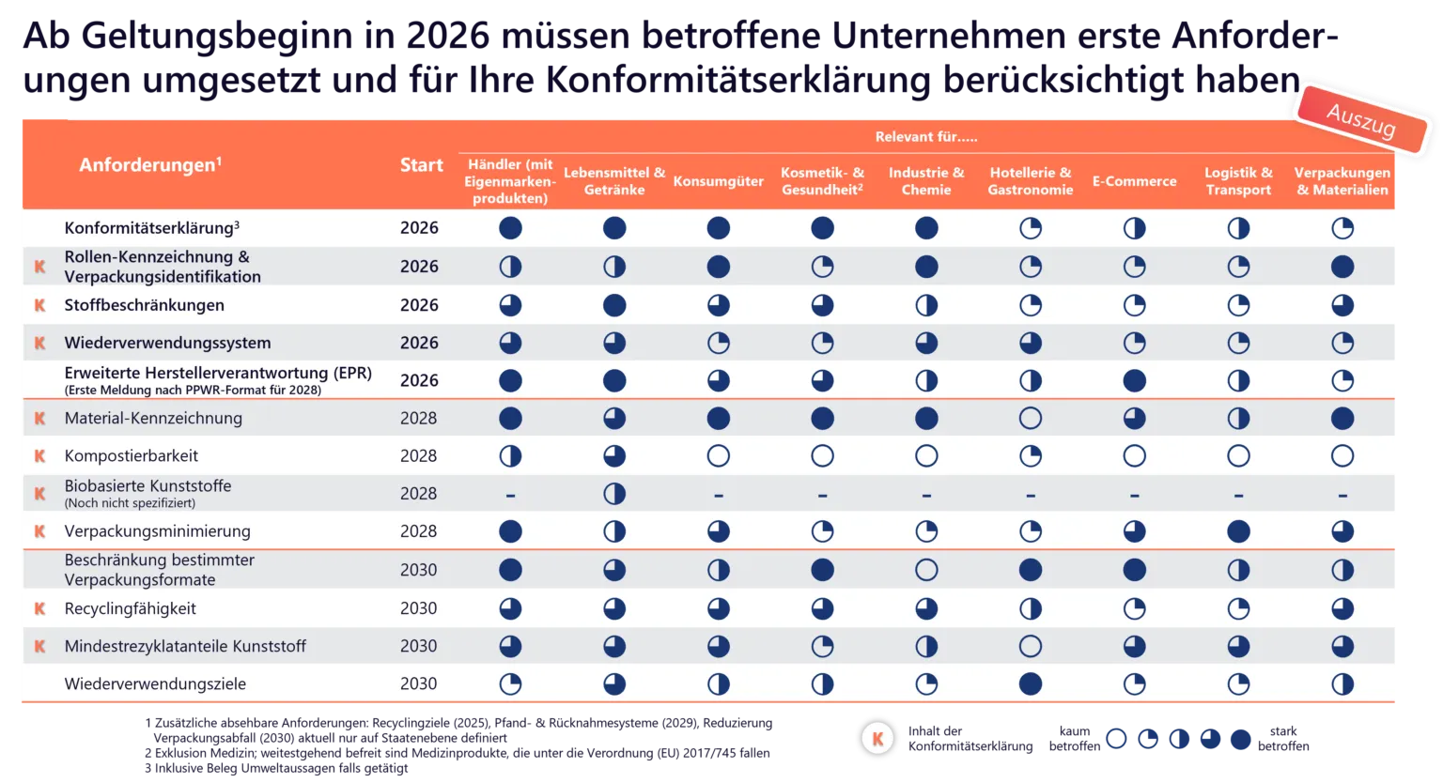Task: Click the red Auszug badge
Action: tap(1361, 119)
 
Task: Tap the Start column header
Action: tap(421, 165)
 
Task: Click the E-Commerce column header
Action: tap(1134, 181)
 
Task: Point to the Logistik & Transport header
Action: tap(1238, 181)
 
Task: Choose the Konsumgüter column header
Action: tap(718, 181)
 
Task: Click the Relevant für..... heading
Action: tap(926, 137)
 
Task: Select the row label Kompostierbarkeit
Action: tap(132, 456)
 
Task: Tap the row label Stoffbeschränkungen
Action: tap(144, 305)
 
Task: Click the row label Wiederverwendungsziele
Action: tap(155, 684)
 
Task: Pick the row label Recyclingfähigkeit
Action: tap(130, 608)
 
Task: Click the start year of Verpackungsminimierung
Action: tap(418, 531)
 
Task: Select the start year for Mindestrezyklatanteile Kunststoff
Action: tap(418, 646)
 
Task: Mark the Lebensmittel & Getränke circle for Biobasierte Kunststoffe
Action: tap(614, 494)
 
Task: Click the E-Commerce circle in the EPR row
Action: tap(1134, 380)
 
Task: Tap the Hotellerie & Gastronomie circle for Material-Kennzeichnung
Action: tap(1031, 418)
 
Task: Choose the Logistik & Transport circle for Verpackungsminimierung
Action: tap(1238, 531)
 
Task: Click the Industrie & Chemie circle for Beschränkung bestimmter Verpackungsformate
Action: tap(926, 570)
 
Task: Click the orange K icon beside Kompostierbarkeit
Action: tap(39, 456)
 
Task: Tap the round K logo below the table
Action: tap(877, 738)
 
